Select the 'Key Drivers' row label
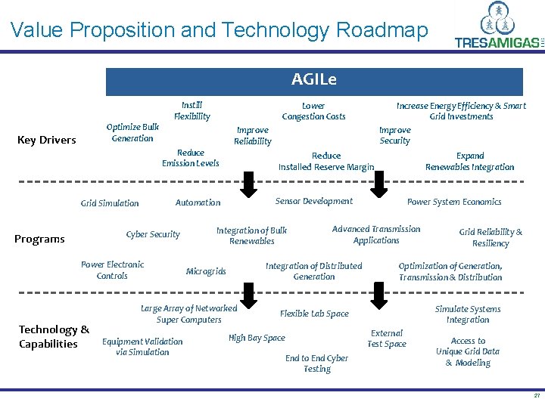(47, 140)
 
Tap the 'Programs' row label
(39, 240)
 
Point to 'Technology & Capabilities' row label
(53, 337)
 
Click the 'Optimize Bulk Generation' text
(132, 133)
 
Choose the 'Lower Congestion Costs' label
(313, 111)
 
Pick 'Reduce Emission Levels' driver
(191, 158)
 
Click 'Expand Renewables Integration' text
(469, 162)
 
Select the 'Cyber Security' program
(153, 234)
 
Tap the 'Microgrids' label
(206, 271)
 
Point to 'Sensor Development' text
(313, 201)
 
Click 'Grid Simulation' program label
(110, 203)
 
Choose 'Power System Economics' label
(454, 202)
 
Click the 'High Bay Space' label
(257, 338)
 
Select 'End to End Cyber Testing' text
(316, 363)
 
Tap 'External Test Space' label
(387, 338)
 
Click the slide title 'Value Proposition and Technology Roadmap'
(220, 30)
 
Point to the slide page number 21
(537, 396)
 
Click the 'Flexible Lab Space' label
(314, 314)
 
